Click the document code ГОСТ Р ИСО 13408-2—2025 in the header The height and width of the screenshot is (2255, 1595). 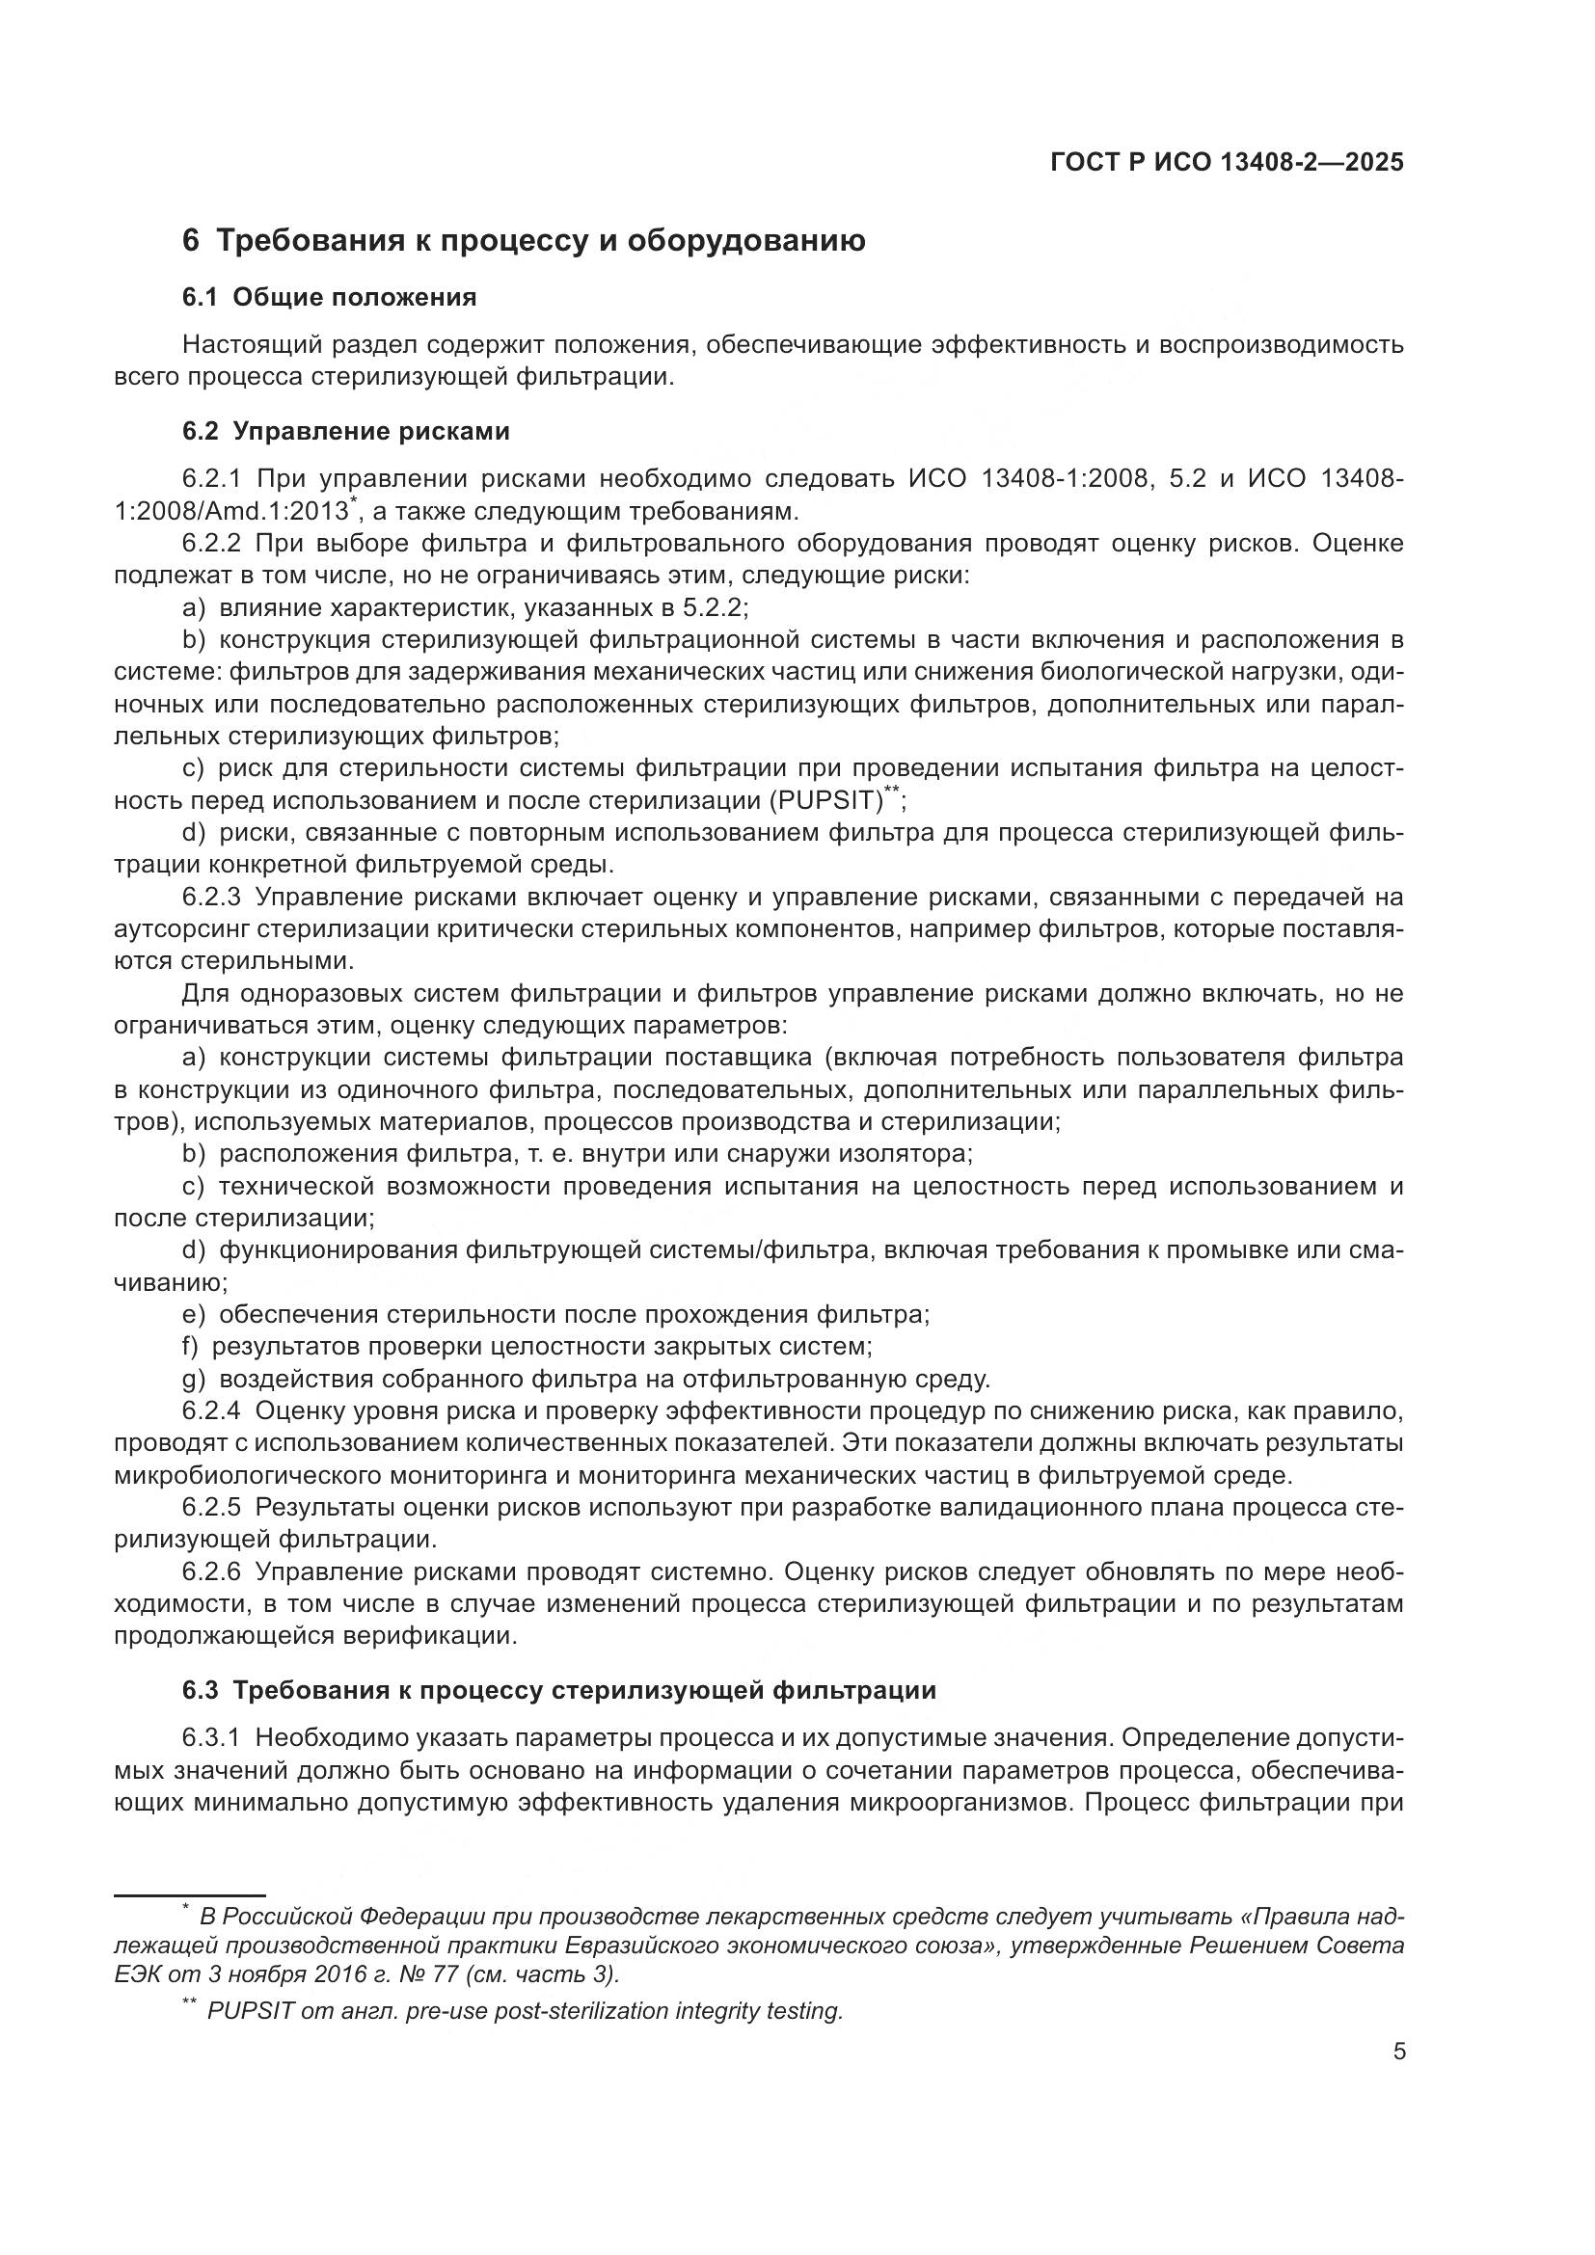pos(1227,162)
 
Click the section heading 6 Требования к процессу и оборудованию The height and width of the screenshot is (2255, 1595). pos(524,241)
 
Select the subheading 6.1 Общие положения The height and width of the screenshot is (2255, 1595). pos(329,298)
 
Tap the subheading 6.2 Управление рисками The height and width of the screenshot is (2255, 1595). pos(346,431)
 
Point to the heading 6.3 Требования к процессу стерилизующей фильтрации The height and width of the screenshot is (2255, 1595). pos(559,1690)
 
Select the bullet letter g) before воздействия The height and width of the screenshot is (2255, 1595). pos(194,1380)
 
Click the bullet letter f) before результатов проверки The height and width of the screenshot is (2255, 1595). pos(192,1347)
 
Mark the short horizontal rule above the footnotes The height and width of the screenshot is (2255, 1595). pos(190,1895)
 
